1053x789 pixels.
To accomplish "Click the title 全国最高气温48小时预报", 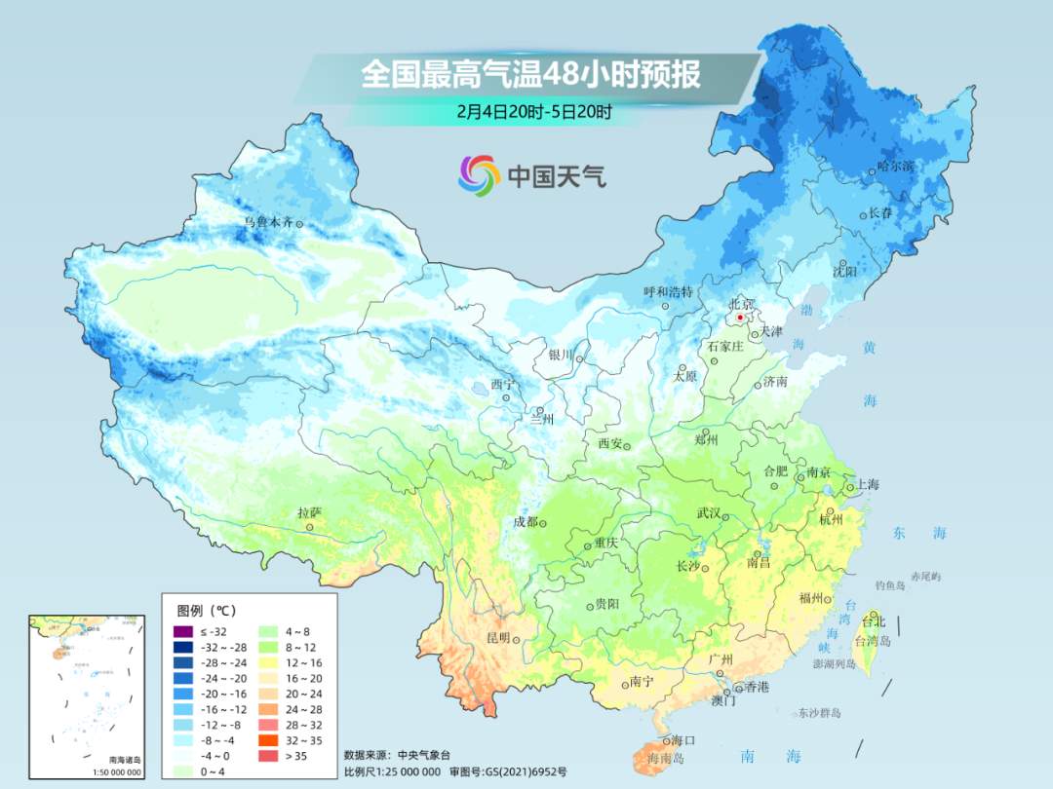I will pyautogui.click(x=530, y=75).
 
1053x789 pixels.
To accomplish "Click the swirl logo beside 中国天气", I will pyautogui.click(x=479, y=175).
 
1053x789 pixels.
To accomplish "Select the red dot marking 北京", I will pyautogui.click(x=740, y=318).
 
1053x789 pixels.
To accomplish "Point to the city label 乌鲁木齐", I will pyautogui.click(x=268, y=223).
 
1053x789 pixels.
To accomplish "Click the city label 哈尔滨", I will pyautogui.click(x=895, y=167).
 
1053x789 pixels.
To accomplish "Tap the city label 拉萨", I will pyautogui.click(x=309, y=512).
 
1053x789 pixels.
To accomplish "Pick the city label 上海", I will pyautogui.click(x=868, y=485).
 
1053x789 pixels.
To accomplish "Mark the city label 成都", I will pyautogui.click(x=526, y=521).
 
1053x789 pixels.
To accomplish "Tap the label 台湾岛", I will pyautogui.click(x=873, y=641).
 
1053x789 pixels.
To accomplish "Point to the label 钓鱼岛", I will pyautogui.click(x=890, y=584).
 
